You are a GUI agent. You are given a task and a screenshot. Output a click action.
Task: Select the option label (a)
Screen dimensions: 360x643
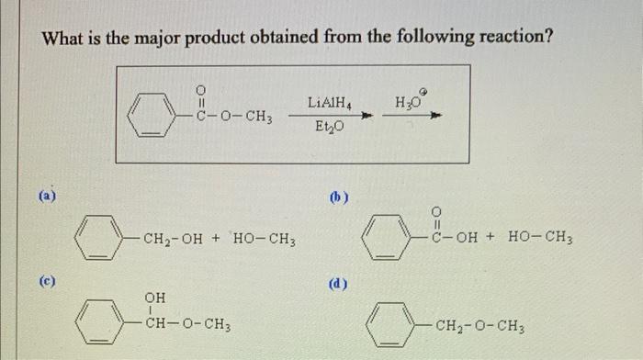[x=47, y=195]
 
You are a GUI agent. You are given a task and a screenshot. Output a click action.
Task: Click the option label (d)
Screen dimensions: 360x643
[x=339, y=283]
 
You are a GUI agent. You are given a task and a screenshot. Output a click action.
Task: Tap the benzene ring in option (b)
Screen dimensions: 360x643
[x=381, y=242]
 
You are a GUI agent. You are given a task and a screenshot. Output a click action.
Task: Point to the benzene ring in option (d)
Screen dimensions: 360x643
[x=386, y=323]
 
